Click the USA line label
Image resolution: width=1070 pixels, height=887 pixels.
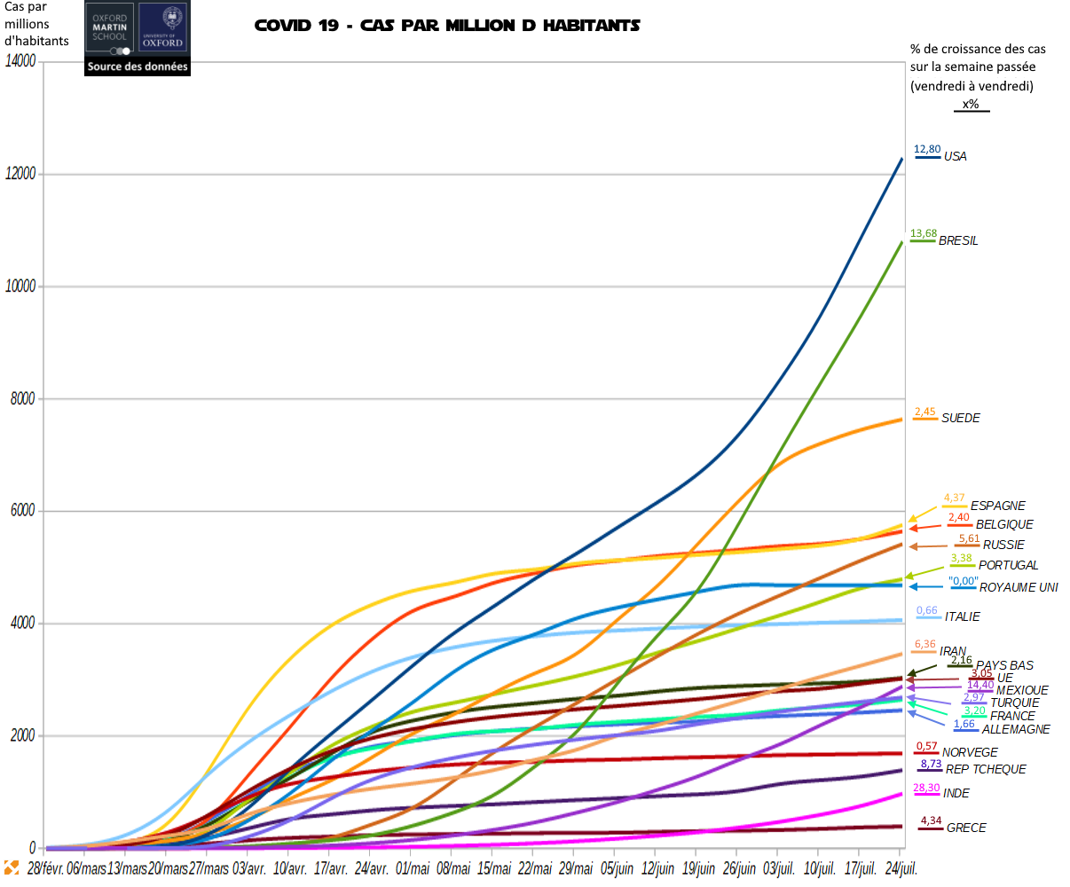(x=955, y=156)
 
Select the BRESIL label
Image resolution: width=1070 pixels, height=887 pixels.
(x=958, y=240)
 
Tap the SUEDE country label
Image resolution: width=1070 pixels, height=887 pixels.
(x=960, y=418)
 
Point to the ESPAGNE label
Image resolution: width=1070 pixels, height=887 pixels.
(x=997, y=506)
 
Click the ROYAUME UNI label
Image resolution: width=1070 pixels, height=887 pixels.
(x=1019, y=587)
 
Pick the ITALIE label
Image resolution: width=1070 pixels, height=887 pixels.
(x=962, y=616)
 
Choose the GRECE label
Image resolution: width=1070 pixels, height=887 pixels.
(x=966, y=828)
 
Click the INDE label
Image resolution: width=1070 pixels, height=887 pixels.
(x=956, y=793)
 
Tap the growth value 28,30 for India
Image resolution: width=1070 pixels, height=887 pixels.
(x=926, y=788)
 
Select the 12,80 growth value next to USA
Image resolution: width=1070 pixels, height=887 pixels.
(x=927, y=149)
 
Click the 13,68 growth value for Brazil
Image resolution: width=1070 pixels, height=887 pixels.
(x=924, y=233)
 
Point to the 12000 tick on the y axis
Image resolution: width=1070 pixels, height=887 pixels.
(x=20, y=174)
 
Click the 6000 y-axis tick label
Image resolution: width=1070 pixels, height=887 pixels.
(x=24, y=511)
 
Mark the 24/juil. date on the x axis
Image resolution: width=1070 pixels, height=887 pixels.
(x=901, y=868)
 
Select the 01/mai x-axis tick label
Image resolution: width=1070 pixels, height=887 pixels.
(x=413, y=868)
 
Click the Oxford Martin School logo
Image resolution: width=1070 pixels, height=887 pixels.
(x=110, y=27)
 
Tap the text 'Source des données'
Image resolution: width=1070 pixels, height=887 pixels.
(x=138, y=67)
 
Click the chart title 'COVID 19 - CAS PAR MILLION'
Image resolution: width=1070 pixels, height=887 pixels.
(x=447, y=25)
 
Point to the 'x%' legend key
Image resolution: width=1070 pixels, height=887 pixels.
(x=971, y=105)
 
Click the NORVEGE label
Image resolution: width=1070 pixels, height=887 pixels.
(x=970, y=752)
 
